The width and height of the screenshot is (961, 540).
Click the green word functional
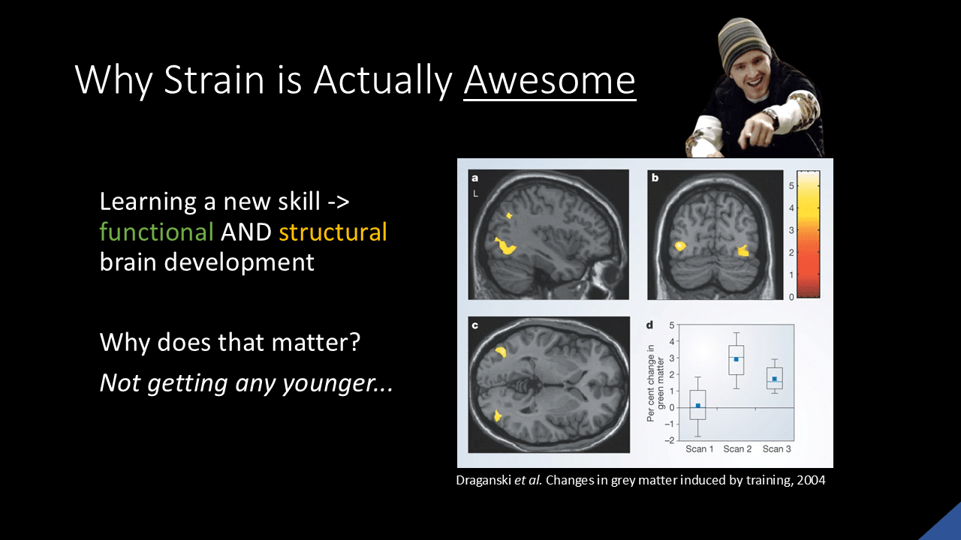[157, 232]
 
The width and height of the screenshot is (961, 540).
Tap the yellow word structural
[333, 232]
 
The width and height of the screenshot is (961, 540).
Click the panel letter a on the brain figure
[475, 178]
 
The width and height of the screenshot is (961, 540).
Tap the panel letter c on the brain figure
[475, 325]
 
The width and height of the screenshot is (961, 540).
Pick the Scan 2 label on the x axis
[737, 448]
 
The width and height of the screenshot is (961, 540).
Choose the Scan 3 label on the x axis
[776, 448]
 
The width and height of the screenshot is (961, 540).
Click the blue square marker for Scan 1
[698, 406]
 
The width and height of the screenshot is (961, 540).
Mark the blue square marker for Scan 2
[737, 359]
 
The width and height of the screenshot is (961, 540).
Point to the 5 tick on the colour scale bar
[791, 186]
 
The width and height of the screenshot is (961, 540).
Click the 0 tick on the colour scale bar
[791, 296]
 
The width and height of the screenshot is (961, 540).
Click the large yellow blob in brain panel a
[505, 246]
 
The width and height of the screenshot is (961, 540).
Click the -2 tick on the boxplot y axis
[669, 440]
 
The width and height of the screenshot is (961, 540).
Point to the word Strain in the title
[214, 80]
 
